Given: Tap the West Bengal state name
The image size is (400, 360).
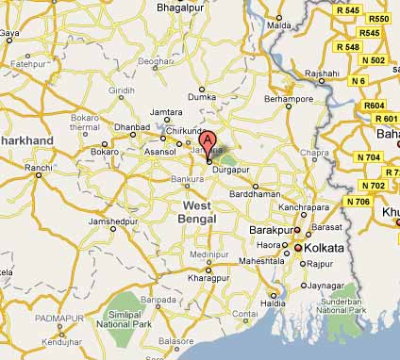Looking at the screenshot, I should [x=199, y=212].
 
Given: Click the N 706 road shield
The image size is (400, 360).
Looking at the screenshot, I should [x=358, y=202].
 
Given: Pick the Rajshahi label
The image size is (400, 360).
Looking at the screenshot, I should [x=322, y=73].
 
